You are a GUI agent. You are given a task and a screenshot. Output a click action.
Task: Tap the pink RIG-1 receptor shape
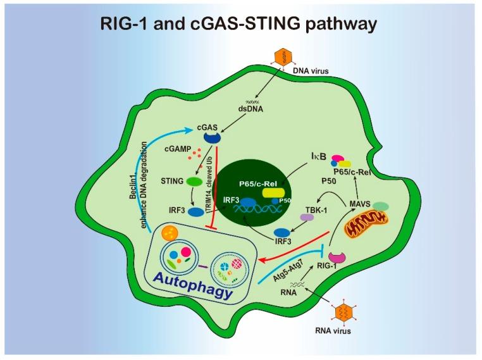(x=335, y=257)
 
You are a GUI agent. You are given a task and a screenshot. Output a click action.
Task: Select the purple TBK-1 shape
(x=307, y=216)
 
